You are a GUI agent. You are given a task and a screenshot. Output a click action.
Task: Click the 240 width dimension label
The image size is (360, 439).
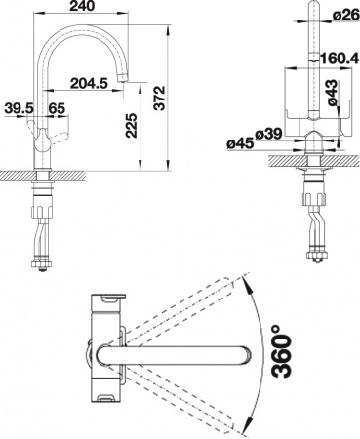coord(84,7)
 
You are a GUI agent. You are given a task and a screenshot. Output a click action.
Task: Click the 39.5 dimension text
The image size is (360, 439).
coord(17,106)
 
